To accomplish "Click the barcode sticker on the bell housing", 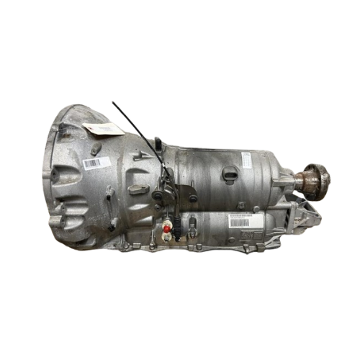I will (x=96, y=163).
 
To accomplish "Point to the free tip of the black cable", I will (x=112, y=103).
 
